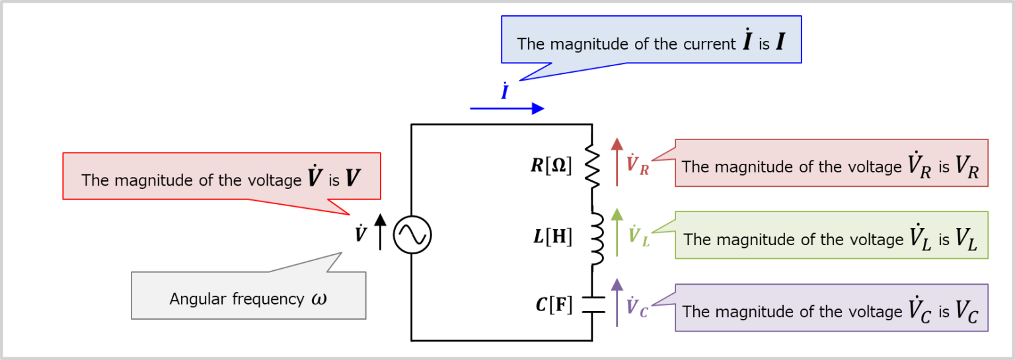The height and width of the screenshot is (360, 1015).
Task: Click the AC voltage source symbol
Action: click(412, 234)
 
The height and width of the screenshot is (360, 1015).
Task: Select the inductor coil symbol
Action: click(596, 238)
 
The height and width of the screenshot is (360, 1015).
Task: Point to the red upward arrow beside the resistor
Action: click(617, 162)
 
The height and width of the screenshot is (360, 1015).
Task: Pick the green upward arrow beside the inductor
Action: click(617, 233)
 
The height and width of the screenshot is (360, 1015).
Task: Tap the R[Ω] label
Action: click(551, 165)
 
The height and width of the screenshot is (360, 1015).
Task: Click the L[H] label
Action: click(553, 236)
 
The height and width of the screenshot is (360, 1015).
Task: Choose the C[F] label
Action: click(554, 305)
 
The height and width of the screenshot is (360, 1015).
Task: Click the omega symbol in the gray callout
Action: click(319, 299)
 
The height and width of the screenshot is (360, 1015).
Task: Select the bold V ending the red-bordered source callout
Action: click(354, 178)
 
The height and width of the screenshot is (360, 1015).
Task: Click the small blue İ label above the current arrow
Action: click(504, 92)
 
